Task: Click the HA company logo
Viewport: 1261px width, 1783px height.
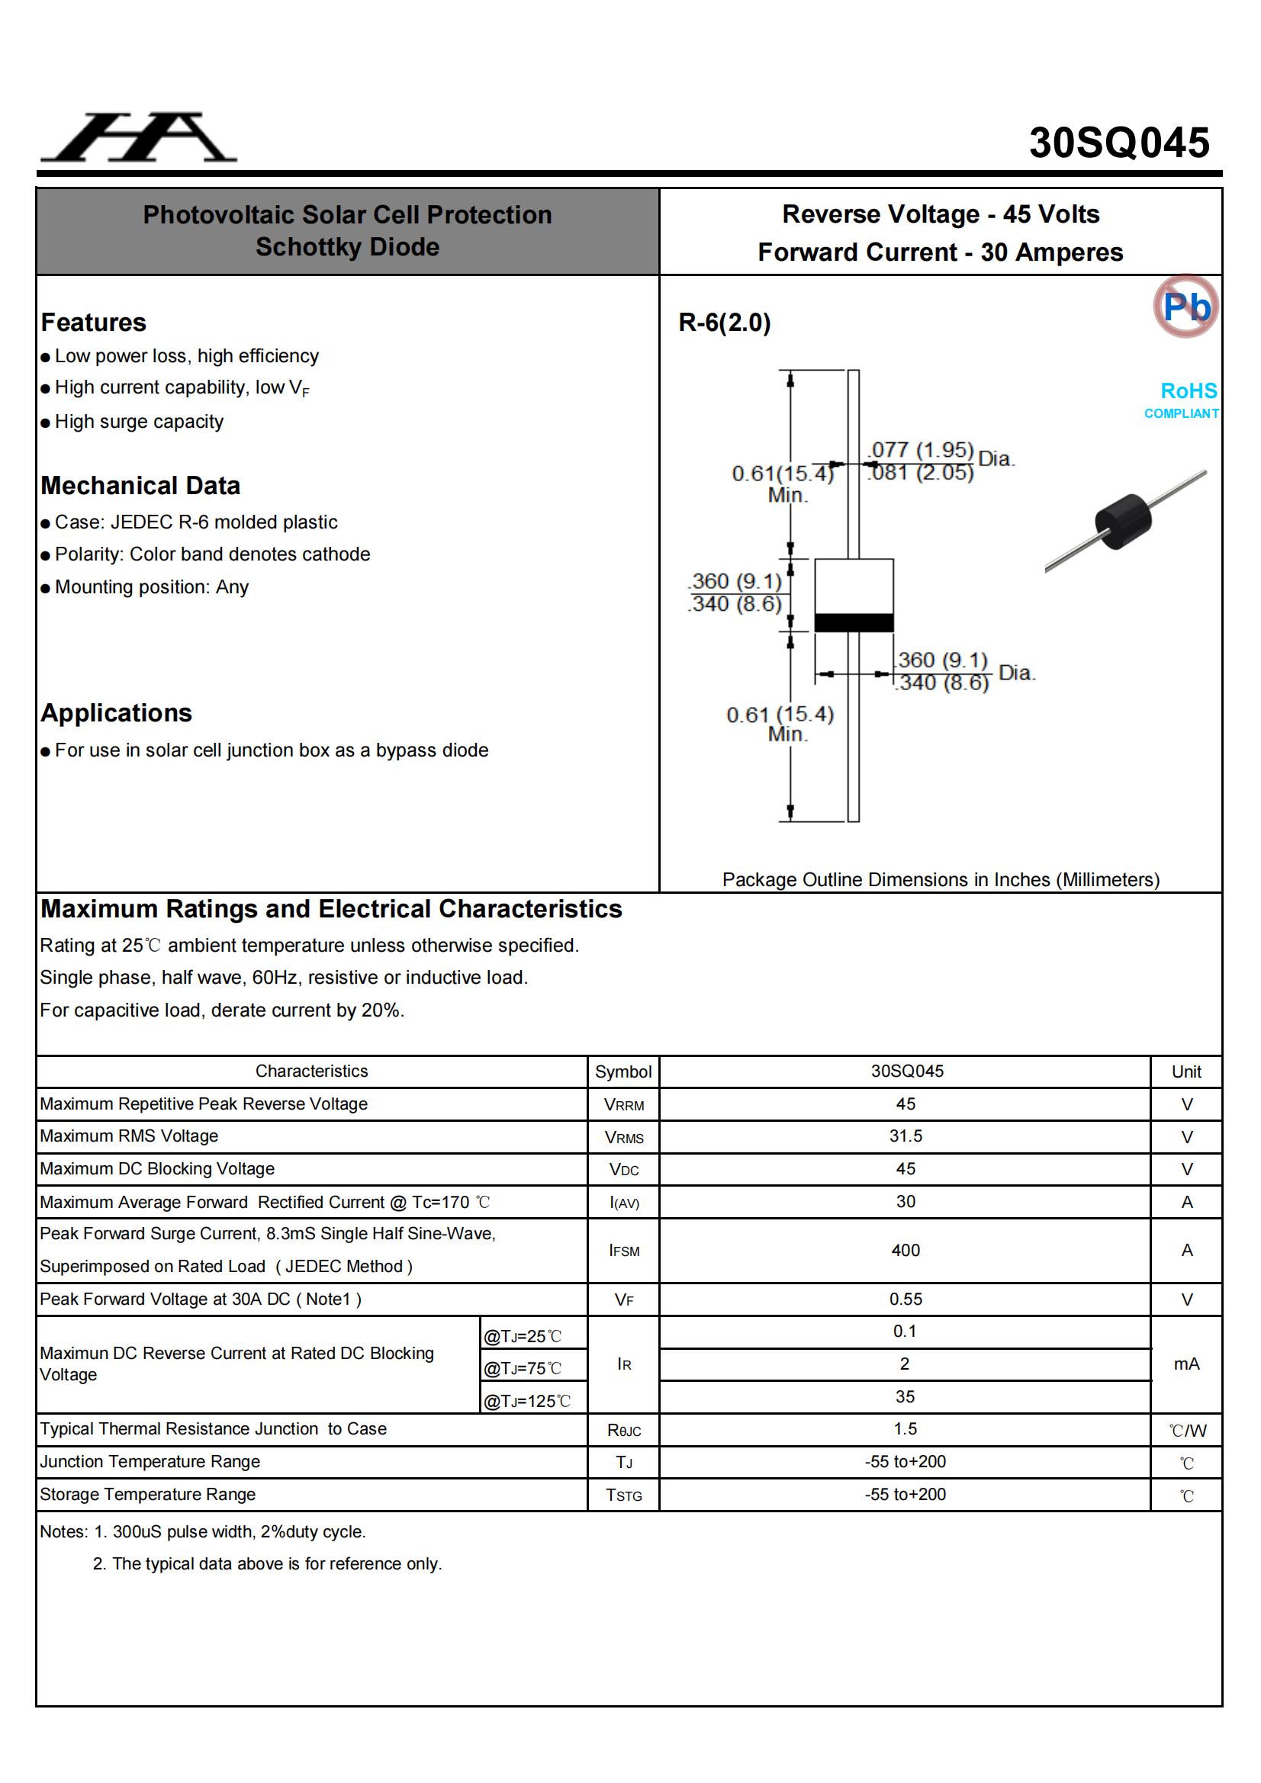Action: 139,137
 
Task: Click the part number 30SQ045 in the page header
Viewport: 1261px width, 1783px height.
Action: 1119,143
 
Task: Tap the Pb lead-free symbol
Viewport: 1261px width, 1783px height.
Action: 1185,307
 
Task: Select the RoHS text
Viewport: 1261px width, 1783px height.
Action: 1188,390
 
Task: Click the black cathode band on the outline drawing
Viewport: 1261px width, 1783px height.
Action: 853,622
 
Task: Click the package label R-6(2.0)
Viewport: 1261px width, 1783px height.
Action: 724,323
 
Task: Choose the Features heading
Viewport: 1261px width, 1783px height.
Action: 93,323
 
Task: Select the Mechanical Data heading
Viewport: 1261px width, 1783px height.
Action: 140,485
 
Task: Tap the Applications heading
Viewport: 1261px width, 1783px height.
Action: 117,713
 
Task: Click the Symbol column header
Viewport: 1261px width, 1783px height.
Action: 623,1071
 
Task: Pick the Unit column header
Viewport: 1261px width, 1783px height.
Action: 1185,1071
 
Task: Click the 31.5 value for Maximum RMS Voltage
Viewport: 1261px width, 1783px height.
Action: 906,1136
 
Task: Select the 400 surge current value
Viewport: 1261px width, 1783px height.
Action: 906,1250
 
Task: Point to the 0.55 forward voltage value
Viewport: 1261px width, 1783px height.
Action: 906,1300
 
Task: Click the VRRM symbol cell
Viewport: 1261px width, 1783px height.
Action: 623,1104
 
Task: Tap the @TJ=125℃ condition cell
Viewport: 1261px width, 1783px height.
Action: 528,1401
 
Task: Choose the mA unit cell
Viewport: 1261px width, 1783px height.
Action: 1185,1364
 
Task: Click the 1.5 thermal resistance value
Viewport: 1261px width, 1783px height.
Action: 906,1429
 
